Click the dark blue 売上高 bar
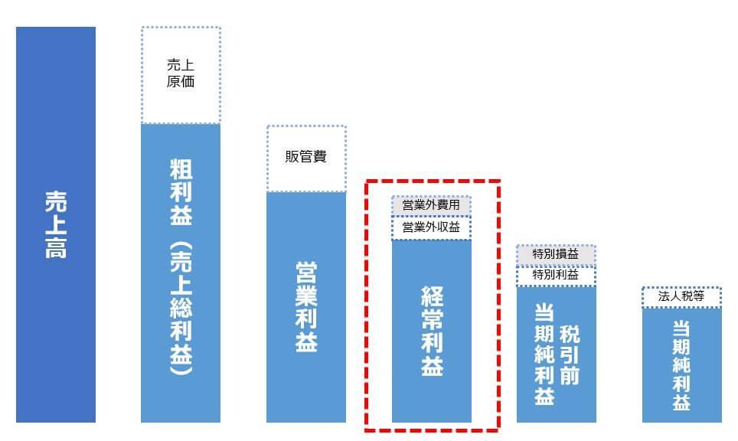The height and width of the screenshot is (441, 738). (56, 224)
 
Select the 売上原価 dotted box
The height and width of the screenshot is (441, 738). (181, 75)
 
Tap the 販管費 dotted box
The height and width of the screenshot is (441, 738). (306, 158)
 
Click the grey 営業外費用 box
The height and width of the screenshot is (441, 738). (431, 205)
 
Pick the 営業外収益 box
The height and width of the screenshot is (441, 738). (431, 228)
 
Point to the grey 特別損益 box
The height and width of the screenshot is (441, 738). (556, 255)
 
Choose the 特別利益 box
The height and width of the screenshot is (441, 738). (556, 276)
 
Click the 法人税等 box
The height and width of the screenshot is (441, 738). (681, 296)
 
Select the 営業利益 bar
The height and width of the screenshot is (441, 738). (306, 307)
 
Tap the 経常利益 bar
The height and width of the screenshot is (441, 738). (431, 332)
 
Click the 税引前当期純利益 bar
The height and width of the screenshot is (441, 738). (556, 354)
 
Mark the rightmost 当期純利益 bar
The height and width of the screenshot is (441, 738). (681, 365)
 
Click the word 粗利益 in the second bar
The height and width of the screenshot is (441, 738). (181, 192)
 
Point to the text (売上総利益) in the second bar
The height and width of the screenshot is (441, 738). (181, 309)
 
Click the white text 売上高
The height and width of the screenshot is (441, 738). (56, 224)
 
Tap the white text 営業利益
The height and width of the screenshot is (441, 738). (306, 307)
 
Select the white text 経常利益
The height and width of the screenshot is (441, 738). (432, 332)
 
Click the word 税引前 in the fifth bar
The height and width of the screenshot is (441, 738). (569, 355)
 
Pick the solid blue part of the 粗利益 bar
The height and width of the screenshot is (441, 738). (181, 273)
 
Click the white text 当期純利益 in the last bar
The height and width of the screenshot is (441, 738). (681, 365)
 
